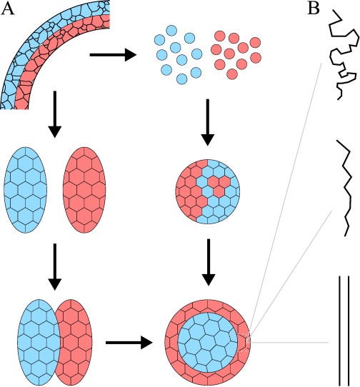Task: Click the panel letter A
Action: [x=7, y=9]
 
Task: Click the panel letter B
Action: [x=314, y=9]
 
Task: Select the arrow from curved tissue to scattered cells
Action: [x=113, y=54]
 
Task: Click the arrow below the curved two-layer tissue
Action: [x=55, y=114]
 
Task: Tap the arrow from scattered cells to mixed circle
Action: [x=208, y=122]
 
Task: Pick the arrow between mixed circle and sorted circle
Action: [x=209, y=262]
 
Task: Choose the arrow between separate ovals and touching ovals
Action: [x=55, y=267]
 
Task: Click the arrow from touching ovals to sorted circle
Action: [x=129, y=343]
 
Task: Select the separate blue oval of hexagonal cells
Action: [x=26, y=190]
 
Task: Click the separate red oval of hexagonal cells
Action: [x=84, y=190]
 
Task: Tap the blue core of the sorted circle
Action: [x=207, y=342]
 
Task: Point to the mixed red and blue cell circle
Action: [x=207, y=191]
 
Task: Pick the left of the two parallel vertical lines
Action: [x=340, y=331]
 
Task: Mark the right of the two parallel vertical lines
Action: [x=349, y=331]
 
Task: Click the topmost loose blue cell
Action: [x=171, y=31]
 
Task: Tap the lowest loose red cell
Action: [x=232, y=74]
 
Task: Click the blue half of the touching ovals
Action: [x=39, y=343]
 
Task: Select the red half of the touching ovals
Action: [x=75, y=343]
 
